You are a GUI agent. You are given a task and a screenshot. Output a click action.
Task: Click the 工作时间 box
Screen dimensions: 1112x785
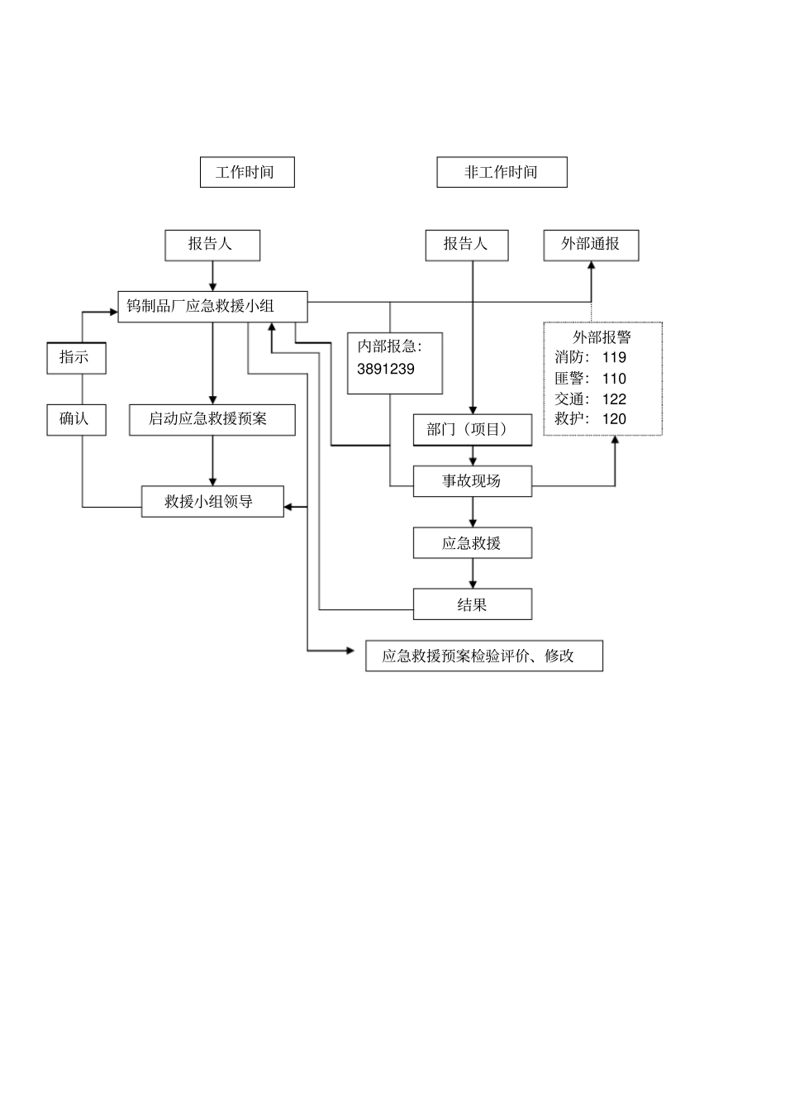pyautogui.click(x=247, y=172)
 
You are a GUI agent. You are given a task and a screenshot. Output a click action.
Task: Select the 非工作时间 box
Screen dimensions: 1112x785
pyautogui.click(x=502, y=172)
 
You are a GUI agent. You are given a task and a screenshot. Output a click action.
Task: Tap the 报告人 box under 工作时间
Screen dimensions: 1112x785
pyautogui.click(x=212, y=245)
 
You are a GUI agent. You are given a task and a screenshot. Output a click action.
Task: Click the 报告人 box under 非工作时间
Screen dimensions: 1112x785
pyautogui.click(x=467, y=245)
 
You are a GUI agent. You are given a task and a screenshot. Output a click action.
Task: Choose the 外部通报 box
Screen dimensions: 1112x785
pyautogui.click(x=591, y=245)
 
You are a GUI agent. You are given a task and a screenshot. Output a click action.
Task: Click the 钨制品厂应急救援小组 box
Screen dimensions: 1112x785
pyautogui.click(x=212, y=306)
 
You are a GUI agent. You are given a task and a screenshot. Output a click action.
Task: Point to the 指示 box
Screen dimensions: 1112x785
pyautogui.click(x=76, y=358)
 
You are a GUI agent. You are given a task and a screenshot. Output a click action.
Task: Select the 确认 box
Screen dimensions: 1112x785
pyautogui.click(x=76, y=419)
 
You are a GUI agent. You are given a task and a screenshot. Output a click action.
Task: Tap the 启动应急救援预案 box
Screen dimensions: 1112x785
pyautogui.click(x=212, y=419)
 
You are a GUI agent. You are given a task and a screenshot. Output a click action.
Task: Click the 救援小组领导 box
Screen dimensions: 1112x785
pyautogui.click(x=212, y=502)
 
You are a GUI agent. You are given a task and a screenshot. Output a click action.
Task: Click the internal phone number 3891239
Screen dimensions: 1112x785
pyautogui.click(x=386, y=370)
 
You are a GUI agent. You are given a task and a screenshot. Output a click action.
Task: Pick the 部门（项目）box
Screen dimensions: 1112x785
pyautogui.click(x=472, y=429)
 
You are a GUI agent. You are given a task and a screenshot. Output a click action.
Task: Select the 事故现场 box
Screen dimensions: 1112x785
pyautogui.click(x=472, y=481)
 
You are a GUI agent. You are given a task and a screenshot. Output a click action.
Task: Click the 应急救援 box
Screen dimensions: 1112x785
pyautogui.click(x=472, y=543)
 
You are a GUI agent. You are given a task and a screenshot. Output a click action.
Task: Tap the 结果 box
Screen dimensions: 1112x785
pyautogui.click(x=472, y=604)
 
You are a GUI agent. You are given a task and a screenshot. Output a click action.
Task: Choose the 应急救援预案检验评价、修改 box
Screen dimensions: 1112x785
pyautogui.click(x=483, y=656)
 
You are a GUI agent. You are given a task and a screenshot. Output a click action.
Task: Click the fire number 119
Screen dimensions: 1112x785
pyautogui.click(x=614, y=358)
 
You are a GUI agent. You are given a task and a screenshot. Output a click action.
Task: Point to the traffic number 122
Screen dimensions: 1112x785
pyautogui.click(x=614, y=399)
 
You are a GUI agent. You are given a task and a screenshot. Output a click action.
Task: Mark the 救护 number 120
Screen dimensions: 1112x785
pyautogui.click(x=614, y=419)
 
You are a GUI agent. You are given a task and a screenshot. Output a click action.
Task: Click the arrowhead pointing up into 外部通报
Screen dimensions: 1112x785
pyautogui.click(x=591, y=266)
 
